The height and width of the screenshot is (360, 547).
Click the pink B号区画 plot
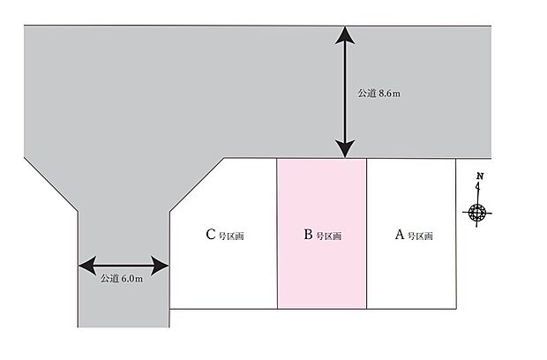coord(322,233)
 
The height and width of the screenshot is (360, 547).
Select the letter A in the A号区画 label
coord(400,235)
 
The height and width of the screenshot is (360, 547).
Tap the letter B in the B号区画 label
coord(308,235)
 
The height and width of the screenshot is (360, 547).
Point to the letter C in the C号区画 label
coord(210,235)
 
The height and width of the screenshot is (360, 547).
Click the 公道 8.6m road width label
coord(378,94)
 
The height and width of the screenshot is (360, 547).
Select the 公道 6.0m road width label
coord(122,279)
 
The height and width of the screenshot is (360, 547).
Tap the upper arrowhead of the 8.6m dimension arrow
coord(345,35)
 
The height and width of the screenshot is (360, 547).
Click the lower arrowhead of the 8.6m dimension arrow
coord(345,149)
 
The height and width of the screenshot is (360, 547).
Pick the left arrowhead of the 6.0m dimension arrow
coord(87,266)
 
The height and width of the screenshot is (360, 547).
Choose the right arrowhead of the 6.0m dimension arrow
coord(160,266)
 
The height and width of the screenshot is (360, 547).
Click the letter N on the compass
coord(480,176)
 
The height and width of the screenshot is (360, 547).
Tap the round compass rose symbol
coord(477,213)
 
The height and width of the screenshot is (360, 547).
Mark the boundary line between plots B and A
coord(367,234)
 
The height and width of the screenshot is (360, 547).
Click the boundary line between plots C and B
coord(277,234)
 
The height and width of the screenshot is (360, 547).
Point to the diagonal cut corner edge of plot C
coord(197,185)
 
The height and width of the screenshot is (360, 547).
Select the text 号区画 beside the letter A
coord(420,236)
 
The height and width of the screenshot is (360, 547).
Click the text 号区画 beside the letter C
coord(231,236)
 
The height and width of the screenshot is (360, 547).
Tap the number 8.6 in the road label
coord(385,94)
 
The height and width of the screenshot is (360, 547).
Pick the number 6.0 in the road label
coord(128,279)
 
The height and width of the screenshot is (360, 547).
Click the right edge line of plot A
coord(456,234)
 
